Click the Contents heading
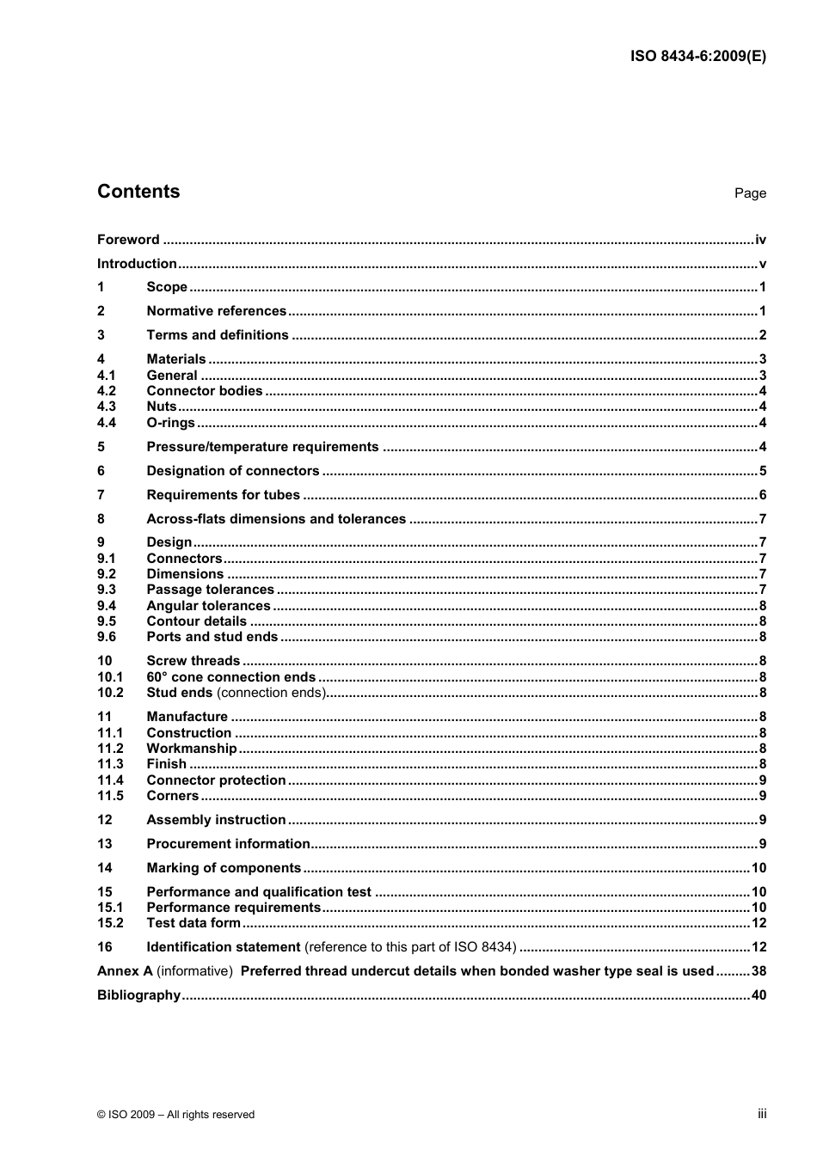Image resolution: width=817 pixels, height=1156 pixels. point(138,192)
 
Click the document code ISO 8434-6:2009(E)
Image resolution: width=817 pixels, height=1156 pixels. point(697,57)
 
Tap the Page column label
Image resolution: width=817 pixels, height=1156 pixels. point(750,193)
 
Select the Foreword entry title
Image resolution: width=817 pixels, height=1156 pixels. point(128,240)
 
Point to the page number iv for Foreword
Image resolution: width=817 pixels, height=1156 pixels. point(760,240)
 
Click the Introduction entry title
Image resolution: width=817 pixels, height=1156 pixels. point(137,264)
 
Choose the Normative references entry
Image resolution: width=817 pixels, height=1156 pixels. point(216,311)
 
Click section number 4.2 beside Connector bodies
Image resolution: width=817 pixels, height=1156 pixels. point(107,391)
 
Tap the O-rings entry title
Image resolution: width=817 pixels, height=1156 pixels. point(170,423)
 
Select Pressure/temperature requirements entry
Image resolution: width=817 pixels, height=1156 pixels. point(262,447)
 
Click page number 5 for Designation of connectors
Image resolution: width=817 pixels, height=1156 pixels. point(762,471)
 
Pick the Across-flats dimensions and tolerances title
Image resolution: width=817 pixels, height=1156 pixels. point(276,519)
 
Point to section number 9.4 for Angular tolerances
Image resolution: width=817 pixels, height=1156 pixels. point(107,606)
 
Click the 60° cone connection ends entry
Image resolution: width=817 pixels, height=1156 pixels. point(230,677)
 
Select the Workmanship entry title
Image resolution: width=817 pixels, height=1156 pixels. point(191,749)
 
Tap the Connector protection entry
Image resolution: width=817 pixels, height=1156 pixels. point(216,780)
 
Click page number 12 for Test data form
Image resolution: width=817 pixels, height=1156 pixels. point(759,923)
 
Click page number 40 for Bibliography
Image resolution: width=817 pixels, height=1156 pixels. point(759,995)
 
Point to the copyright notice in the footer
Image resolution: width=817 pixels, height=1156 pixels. point(176,1115)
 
